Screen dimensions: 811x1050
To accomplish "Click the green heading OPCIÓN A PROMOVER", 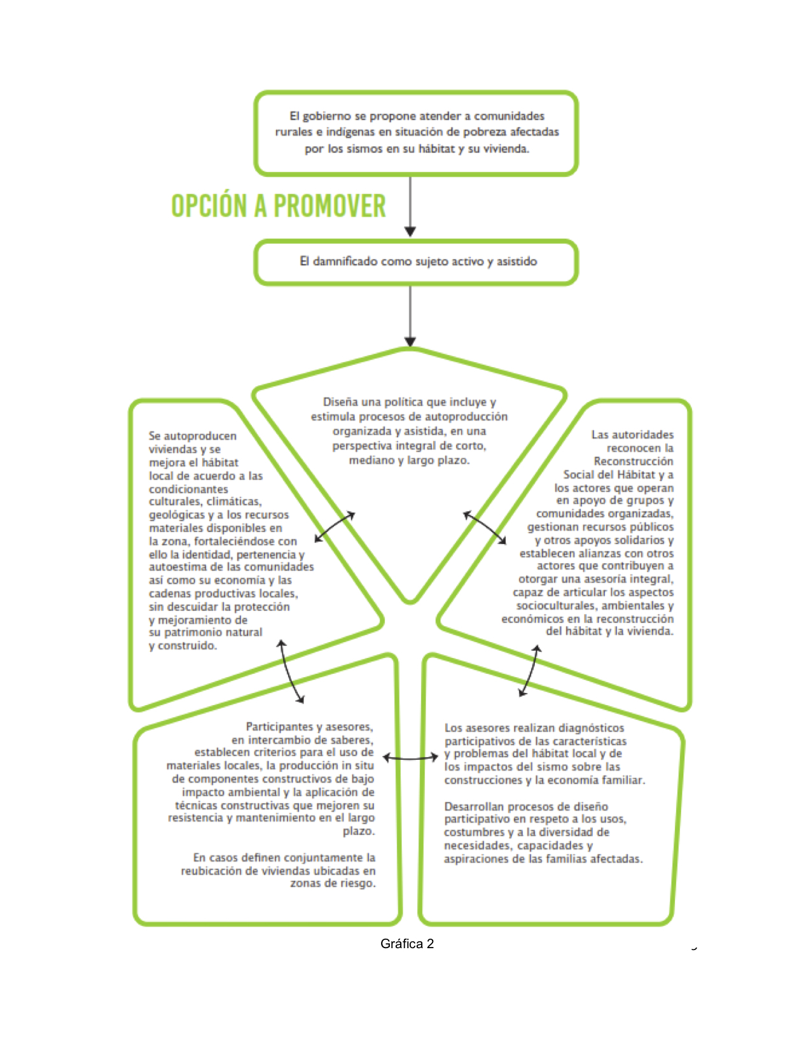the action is click(279, 206).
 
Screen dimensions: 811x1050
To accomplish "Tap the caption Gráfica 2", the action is click(407, 944).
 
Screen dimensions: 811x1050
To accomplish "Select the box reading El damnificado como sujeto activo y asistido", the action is click(416, 262).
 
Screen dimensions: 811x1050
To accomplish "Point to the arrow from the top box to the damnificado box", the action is click(410, 206).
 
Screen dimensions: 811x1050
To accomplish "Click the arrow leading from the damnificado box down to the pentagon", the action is click(410, 316).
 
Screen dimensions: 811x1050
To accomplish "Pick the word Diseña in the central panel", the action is click(338, 402).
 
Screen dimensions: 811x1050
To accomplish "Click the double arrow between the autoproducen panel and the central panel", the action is click(335, 527).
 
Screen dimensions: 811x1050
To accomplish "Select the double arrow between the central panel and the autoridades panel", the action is click(485, 528).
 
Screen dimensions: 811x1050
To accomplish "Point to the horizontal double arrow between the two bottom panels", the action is click(410, 758).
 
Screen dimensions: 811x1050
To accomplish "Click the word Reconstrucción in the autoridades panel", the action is click(634, 461).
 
